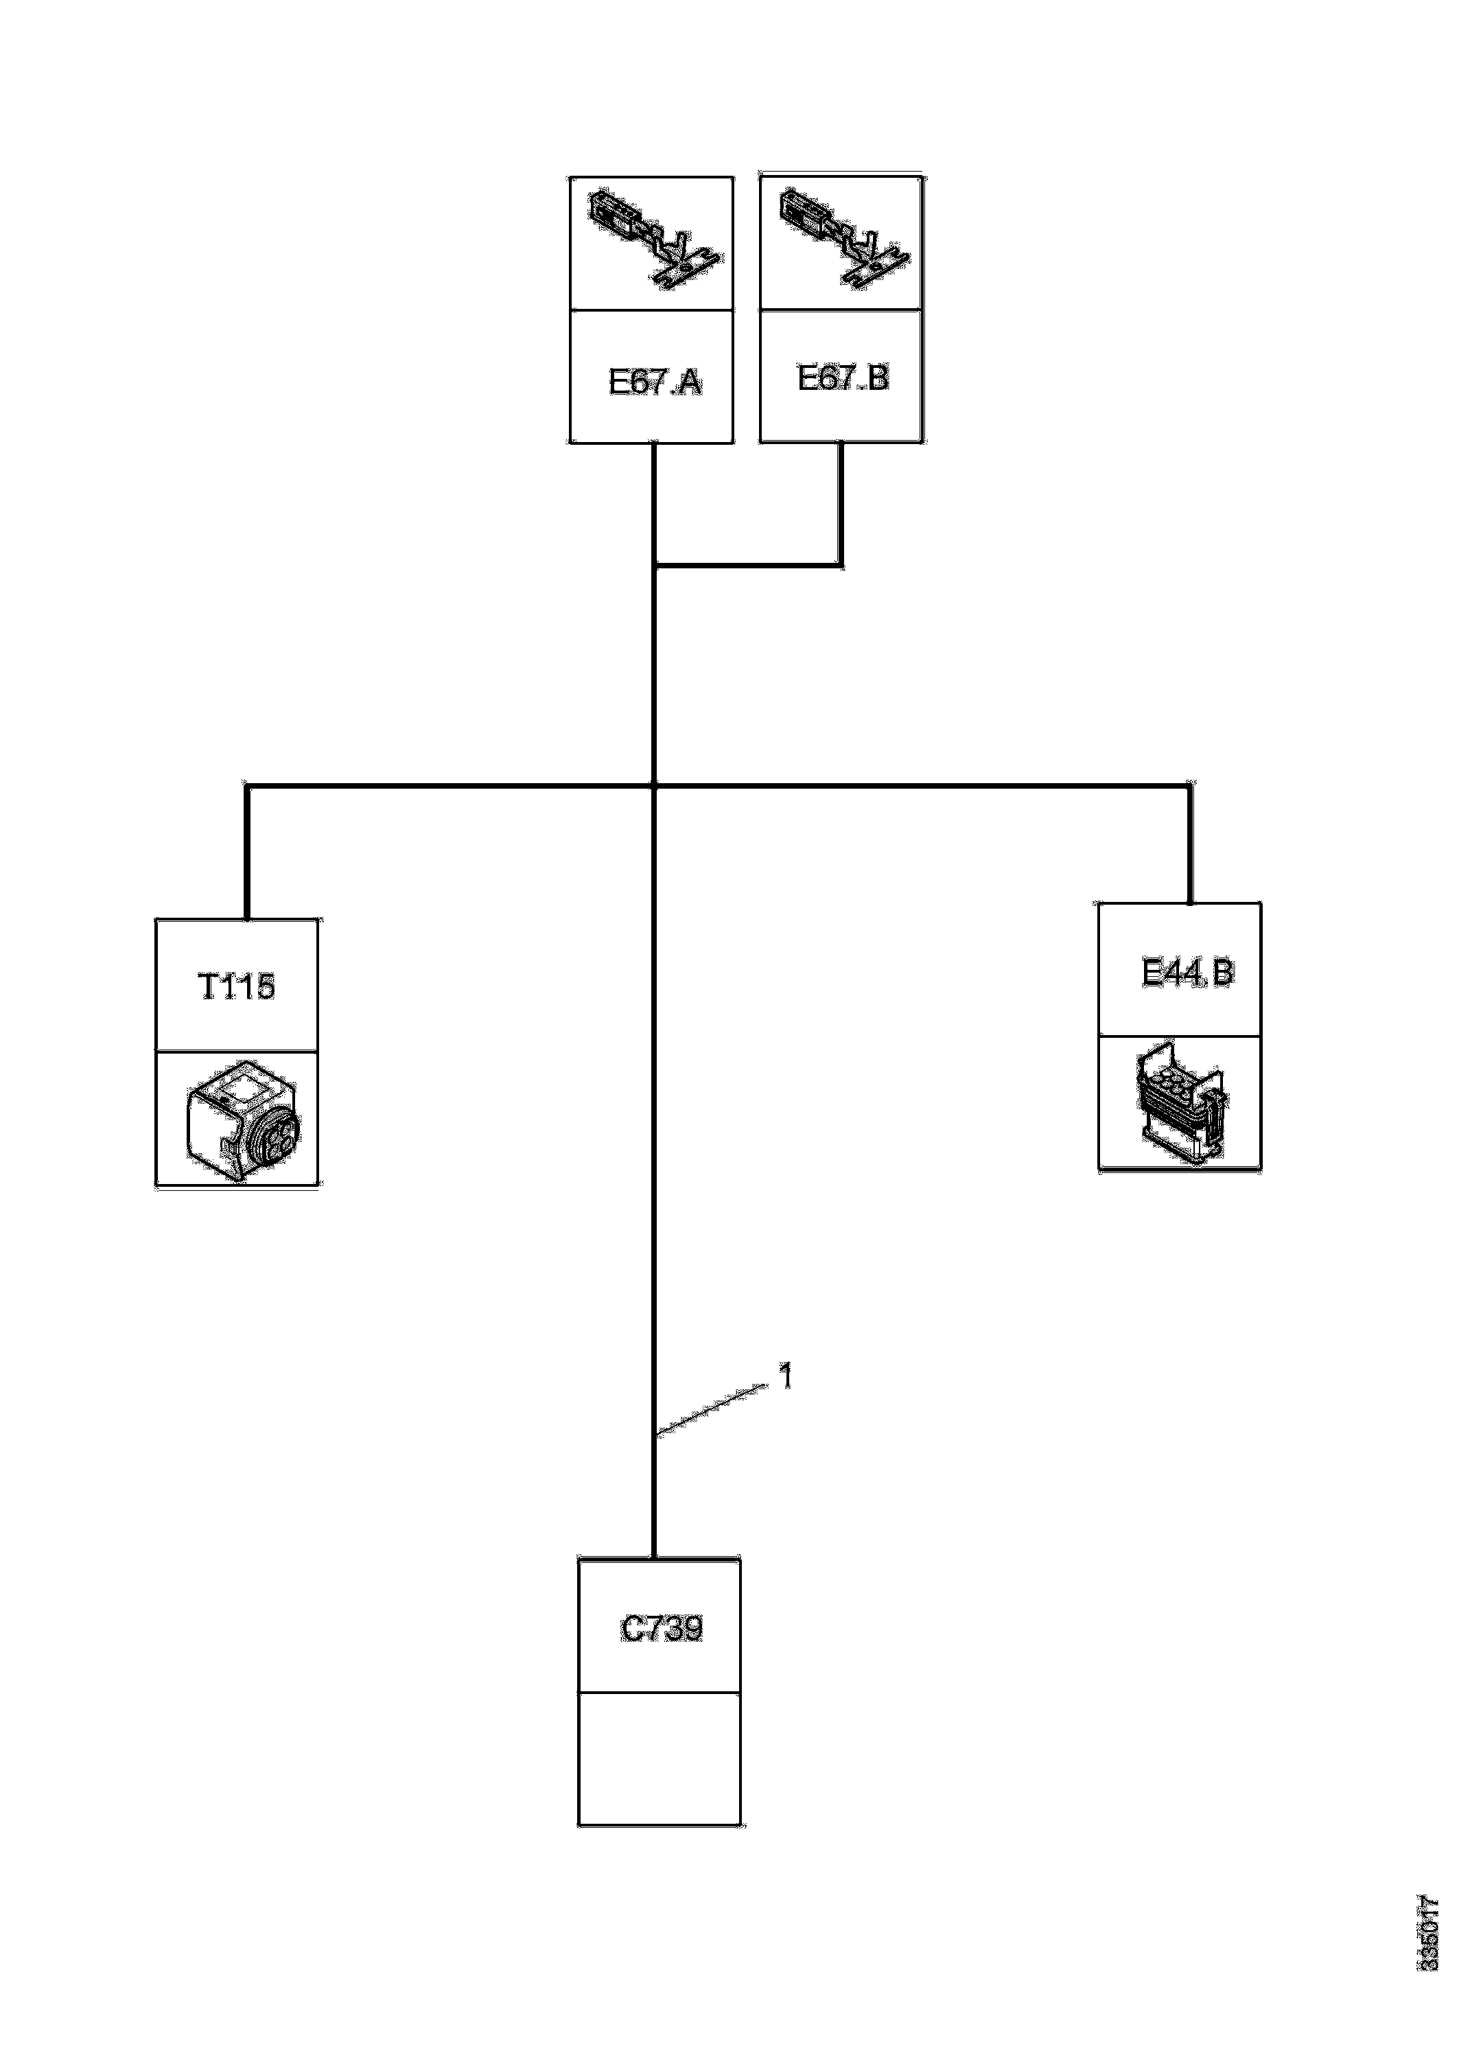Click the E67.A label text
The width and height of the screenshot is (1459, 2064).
pos(655,382)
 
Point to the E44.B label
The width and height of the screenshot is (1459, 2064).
pos(1187,972)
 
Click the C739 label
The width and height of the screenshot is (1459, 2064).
pos(662,1629)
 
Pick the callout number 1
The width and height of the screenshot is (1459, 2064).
pos(786,1376)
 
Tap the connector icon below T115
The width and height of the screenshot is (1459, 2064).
pos(243,1120)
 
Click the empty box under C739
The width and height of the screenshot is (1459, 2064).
pos(659,1759)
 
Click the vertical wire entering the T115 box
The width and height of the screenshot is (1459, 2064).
pos(247,854)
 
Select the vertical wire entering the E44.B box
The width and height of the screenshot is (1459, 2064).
pos(1191,845)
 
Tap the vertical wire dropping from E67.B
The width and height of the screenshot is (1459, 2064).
pos(842,503)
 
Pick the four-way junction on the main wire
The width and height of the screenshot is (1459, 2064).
pos(653,787)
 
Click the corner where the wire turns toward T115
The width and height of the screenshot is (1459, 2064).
pos(247,787)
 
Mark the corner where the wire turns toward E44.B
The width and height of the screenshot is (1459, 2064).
pos(1191,787)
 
